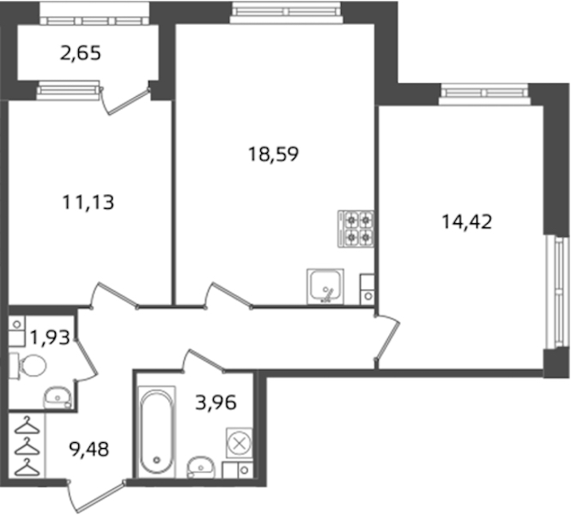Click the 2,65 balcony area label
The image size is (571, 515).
pyautogui.click(x=80, y=54)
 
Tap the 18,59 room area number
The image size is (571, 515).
pyautogui.click(x=273, y=154)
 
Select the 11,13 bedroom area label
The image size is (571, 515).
pyautogui.click(x=88, y=202)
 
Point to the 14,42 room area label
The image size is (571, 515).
pyautogui.click(x=467, y=221)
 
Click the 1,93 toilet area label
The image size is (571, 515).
pyautogui.click(x=50, y=337)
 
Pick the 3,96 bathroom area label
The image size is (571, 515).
pyautogui.click(x=216, y=403)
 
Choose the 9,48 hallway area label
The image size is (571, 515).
pyautogui.click(x=88, y=450)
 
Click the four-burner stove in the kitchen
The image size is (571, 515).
pyautogui.click(x=355, y=229)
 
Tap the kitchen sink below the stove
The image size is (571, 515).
pyautogui.click(x=325, y=286)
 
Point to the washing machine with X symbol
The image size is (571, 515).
pyautogui.click(x=239, y=443)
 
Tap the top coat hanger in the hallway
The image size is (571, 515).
pyautogui.click(x=27, y=426)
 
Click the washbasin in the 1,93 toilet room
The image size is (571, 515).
pyautogui.click(x=58, y=397)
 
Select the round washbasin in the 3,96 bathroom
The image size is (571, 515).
pyautogui.click(x=200, y=467)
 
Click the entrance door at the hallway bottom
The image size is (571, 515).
pyautogui.click(x=97, y=496)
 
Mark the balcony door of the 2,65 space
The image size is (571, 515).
pyautogui.click(x=125, y=100)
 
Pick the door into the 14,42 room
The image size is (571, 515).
pyautogui.click(x=387, y=337)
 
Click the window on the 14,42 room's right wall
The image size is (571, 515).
pyautogui.click(x=556, y=293)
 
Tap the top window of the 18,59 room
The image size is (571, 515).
pyautogui.click(x=286, y=12)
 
